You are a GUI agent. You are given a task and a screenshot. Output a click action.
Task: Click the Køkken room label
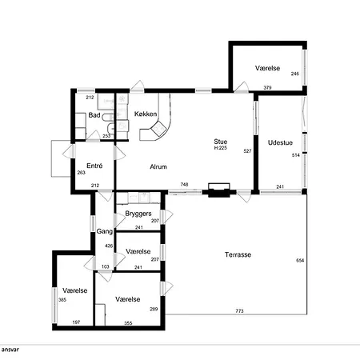click(x=146, y=114)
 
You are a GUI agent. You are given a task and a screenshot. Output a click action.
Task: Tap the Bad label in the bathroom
click(x=94, y=115)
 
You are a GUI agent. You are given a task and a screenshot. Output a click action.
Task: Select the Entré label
click(x=94, y=166)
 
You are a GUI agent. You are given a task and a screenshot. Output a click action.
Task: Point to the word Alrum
click(x=158, y=166)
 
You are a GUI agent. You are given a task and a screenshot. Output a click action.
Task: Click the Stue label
click(x=221, y=142)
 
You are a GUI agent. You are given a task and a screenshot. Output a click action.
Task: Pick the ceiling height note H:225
click(x=221, y=148)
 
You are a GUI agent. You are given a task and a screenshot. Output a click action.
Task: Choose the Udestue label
click(x=280, y=142)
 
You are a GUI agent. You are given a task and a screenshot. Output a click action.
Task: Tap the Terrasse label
click(x=238, y=254)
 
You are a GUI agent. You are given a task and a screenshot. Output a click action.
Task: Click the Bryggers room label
click(x=138, y=214)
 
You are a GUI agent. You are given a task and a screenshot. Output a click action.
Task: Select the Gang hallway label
click(x=104, y=231)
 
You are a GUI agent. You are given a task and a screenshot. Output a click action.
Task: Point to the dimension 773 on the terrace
click(x=240, y=310)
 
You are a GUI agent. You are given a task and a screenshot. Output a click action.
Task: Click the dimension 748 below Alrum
click(x=184, y=184)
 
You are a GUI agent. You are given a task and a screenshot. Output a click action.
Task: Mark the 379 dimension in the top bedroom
click(x=267, y=87)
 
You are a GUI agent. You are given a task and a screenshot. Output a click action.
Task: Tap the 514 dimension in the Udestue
click(x=296, y=155)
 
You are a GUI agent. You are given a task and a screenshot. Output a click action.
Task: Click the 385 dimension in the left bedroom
click(x=62, y=300)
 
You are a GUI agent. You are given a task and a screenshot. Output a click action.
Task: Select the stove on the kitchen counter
click(x=158, y=128)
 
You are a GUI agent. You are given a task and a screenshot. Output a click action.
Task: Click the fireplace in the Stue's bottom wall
click(x=219, y=190)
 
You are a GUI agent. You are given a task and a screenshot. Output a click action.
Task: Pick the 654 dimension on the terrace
click(x=300, y=260)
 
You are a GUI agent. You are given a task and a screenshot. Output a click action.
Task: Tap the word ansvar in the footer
click(x=10, y=350)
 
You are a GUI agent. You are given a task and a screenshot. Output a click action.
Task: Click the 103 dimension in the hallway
click(x=106, y=266)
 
